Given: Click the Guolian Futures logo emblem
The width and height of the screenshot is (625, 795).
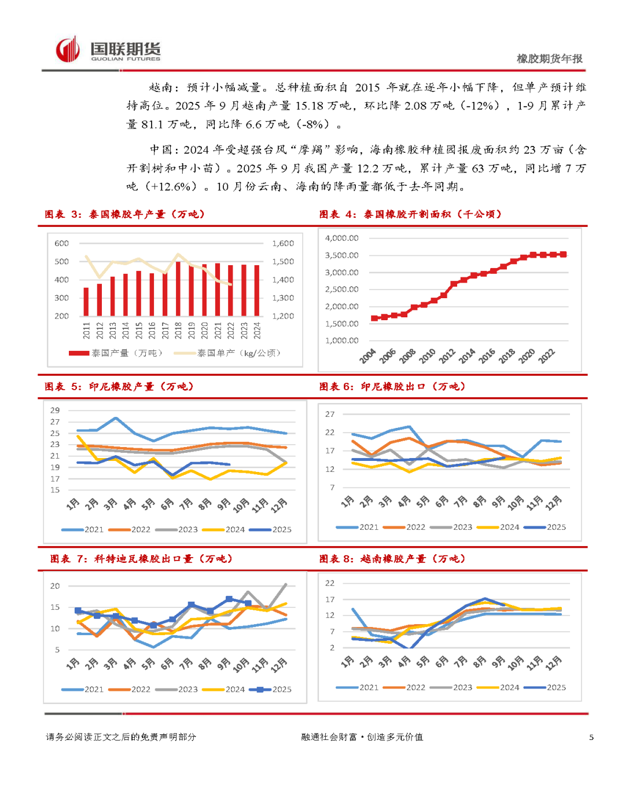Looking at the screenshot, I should [x=68, y=49].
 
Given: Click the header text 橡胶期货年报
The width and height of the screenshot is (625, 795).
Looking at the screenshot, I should [x=549, y=58].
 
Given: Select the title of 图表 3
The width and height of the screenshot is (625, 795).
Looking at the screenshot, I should [x=125, y=214].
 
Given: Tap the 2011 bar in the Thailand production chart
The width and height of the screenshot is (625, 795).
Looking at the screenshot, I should [x=86, y=301].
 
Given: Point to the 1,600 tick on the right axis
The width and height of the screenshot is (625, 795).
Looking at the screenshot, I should [x=283, y=243].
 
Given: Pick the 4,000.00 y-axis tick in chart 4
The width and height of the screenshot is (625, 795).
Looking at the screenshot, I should [x=341, y=238].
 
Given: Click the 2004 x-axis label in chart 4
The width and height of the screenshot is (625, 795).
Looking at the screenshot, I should [x=367, y=356].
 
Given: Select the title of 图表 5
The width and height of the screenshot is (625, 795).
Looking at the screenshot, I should [x=119, y=387].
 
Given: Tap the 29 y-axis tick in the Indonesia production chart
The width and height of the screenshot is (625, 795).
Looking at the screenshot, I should [x=55, y=410].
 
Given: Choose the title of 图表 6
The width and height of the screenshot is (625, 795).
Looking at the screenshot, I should [x=392, y=387].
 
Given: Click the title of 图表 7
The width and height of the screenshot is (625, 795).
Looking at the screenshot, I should [x=141, y=559].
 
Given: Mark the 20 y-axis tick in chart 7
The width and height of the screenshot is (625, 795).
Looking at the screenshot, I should [x=55, y=586].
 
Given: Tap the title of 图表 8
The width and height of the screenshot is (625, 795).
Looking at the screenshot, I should [x=392, y=559].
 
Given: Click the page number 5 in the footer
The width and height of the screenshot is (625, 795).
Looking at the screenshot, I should [x=591, y=737].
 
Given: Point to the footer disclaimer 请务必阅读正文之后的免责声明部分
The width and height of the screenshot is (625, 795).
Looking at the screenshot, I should [x=121, y=737].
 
